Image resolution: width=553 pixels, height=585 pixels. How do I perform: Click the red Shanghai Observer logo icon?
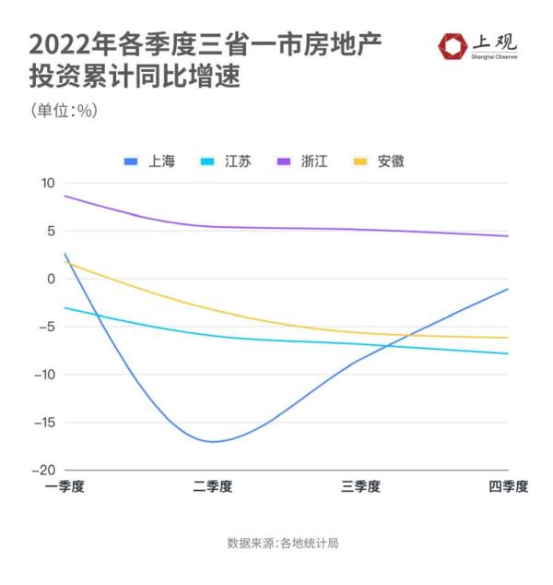pos(453,46)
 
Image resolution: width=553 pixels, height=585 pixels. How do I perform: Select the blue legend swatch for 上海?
pos(131,161)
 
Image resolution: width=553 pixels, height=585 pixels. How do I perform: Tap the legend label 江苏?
pos(238,161)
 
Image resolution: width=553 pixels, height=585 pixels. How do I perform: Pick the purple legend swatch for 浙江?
pos(285,161)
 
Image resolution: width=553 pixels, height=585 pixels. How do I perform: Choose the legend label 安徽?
pos(391,161)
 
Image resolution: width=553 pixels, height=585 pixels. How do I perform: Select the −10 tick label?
pos(45,375)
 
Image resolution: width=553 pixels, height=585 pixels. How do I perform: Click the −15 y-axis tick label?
pos(45,423)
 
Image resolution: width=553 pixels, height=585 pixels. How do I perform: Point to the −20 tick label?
pos(45,471)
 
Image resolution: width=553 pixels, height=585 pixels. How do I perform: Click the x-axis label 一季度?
pos(65,487)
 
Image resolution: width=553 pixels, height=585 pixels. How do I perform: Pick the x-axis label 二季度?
pos(213,487)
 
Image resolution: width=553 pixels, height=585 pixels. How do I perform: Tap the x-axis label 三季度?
pos(360,487)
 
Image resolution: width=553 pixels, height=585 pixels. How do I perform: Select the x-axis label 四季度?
pos(508,487)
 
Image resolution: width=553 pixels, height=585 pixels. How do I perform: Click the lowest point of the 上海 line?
pos(213,441)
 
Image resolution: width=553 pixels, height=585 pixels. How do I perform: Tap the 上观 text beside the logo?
pos(495,42)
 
